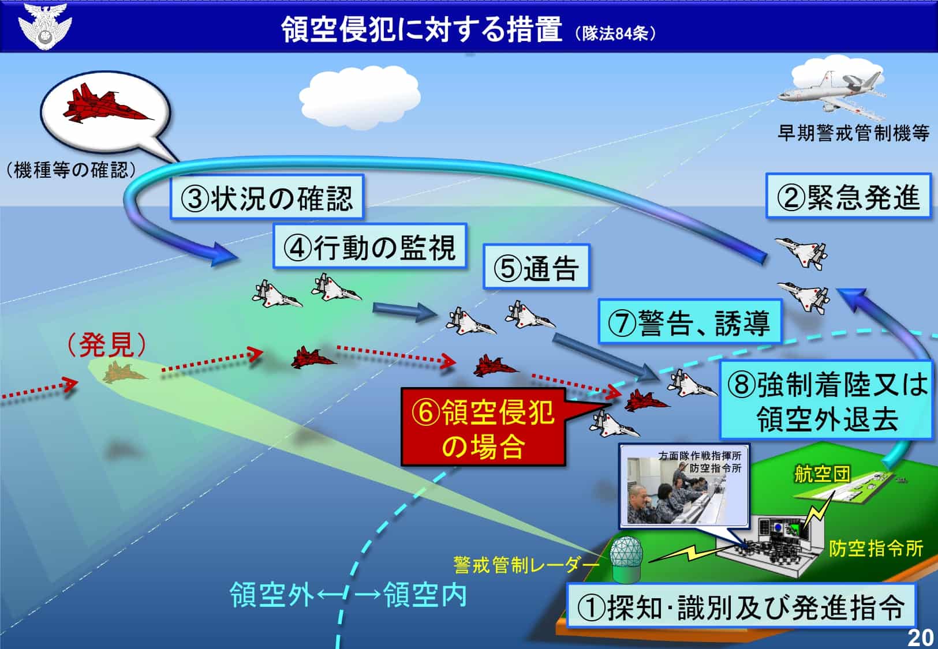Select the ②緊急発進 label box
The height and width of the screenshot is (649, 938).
(x=849, y=196)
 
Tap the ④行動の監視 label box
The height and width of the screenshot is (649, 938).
(x=370, y=246)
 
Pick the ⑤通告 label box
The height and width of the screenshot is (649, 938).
(x=536, y=267)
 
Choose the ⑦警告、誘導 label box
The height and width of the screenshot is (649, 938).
(x=690, y=321)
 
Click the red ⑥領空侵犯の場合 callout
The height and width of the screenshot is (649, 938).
(x=484, y=427)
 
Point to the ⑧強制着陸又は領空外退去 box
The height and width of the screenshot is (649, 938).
(x=827, y=400)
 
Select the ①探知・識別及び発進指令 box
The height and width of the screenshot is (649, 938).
(x=741, y=606)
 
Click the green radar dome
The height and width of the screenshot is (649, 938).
(x=626, y=560)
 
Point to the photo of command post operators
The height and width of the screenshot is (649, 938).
(x=684, y=485)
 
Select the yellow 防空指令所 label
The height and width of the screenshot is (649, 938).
(x=876, y=548)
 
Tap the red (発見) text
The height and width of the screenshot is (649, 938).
(x=107, y=345)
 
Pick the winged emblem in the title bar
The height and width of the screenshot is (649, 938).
(x=45, y=26)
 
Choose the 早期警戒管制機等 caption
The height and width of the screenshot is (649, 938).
(x=853, y=133)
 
